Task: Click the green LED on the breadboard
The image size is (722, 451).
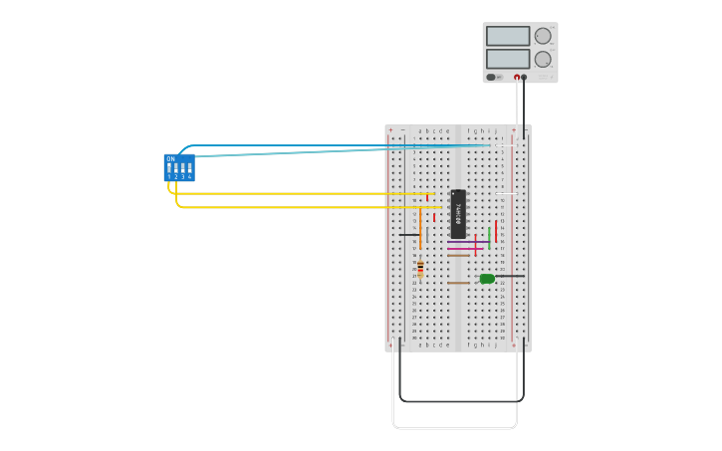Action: coord(487,279)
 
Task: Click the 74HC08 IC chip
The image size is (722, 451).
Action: coord(458,213)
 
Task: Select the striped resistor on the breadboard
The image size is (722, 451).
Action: coord(420,269)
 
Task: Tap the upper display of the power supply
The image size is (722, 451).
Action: coord(508,37)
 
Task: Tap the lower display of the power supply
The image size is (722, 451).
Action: coord(508,59)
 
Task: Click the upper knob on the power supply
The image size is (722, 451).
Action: coord(543,36)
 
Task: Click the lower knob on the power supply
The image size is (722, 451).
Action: coord(543,59)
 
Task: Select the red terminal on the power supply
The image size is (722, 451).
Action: coord(517,77)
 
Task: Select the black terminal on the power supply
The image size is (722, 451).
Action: coord(525,77)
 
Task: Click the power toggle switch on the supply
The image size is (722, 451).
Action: coord(492,77)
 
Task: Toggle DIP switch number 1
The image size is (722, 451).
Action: coord(170,168)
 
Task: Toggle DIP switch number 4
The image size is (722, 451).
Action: coord(189,168)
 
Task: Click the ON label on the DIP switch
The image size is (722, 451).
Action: coord(170,159)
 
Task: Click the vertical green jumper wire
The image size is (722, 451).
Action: coord(489,239)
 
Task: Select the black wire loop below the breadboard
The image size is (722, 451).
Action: coord(458,401)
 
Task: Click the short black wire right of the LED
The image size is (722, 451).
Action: coord(510,276)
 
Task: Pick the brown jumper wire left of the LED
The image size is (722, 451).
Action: coord(458,283)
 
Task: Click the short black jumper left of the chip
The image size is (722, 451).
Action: coord(409,235)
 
